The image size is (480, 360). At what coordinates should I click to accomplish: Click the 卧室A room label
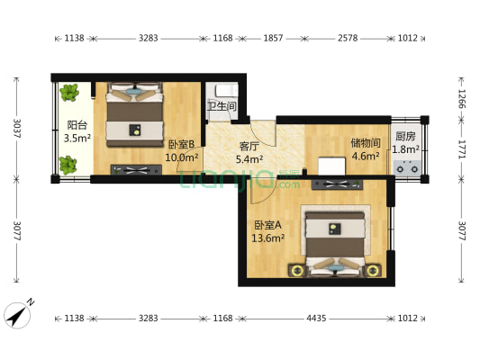[x=267, y=225]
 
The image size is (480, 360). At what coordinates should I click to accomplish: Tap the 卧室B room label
[x=182, y=144]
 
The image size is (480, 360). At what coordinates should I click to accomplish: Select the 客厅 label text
[x=249, y=147]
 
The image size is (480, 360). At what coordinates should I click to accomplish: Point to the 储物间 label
[x=366, y=143]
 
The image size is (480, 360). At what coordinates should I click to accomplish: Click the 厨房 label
[x=405, y=136]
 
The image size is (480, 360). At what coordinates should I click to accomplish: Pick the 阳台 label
[x=77, y=125]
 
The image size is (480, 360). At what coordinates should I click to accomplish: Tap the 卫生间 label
[x=222, y=106]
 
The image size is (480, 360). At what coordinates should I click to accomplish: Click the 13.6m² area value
[x=268, y=238]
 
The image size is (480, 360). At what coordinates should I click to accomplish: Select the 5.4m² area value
[x=249, y=159]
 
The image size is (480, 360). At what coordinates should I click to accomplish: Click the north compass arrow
[x=17, y=316]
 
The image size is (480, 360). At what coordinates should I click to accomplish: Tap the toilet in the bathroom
[x=226, y=90]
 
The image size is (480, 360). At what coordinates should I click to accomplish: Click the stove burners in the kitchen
[x=407, y=168]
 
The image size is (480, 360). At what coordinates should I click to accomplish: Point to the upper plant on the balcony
[x=69, y=93]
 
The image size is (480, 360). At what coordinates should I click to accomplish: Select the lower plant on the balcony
[x=68, y=166]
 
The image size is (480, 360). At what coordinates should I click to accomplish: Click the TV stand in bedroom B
[x=136, y=170]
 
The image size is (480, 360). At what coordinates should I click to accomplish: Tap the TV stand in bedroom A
[x=337, y=184]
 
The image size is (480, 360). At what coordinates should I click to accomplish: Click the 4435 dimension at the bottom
[x=316, y=319]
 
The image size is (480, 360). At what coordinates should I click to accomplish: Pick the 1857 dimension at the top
[x=273, y=38]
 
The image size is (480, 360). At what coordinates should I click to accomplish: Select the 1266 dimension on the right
[x=462, y=99]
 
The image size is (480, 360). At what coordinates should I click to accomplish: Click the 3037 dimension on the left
[x=17, y=128]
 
